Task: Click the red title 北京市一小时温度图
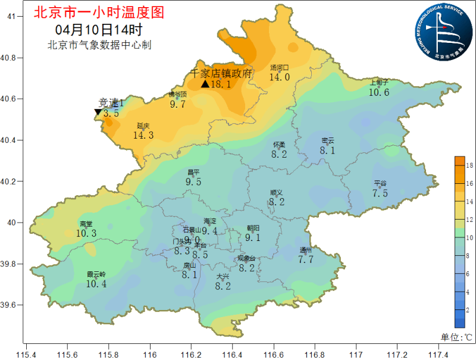pos(99,12)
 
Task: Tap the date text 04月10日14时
pos(99,29)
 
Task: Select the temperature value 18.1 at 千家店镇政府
pos(221,84)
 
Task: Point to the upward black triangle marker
pos(205,84)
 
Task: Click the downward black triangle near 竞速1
pos(98,112)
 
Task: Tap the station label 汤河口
pos(279,68)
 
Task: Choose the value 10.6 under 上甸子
pos(379,92)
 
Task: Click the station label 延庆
pos(143,126)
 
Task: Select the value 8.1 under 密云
pos(328,151)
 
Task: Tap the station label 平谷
pos(380,183)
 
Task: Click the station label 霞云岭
pos(96,274)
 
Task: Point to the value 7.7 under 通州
pos(306,259)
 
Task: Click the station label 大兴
pos(223,277)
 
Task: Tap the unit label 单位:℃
pos(456,337)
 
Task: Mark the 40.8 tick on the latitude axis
pos(11,58)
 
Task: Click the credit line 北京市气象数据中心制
pos(99,45)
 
